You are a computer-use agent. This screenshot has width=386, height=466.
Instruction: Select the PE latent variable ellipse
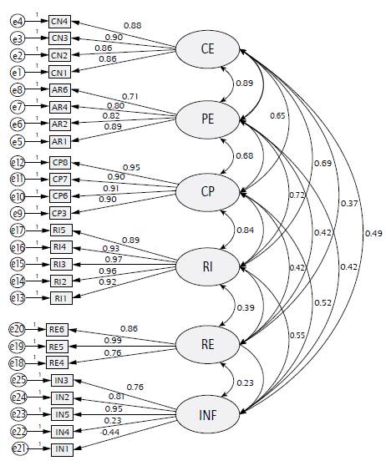[207, 120]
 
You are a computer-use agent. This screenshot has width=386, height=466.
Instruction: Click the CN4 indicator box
[59, 21]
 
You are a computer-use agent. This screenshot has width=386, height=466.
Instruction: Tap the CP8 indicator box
[59, 162]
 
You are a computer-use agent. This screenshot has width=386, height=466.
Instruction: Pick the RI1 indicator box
[59, 298]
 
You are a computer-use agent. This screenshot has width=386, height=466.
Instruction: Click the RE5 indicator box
[57, 346]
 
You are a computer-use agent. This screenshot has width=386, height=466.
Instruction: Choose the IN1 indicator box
[61, 449]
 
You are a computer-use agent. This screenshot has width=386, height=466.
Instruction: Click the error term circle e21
[18, 449]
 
